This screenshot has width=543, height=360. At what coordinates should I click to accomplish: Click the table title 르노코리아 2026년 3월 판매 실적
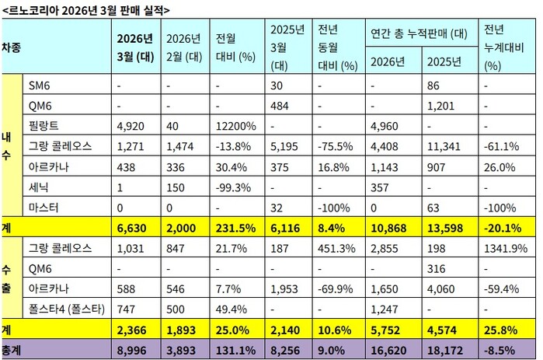[x=85, y=9]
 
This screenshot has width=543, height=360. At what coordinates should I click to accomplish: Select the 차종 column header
[x=11, y=46]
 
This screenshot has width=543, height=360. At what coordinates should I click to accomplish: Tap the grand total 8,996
[x=133, y=350]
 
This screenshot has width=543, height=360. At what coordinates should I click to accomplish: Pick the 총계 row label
[x=11, y=350]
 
